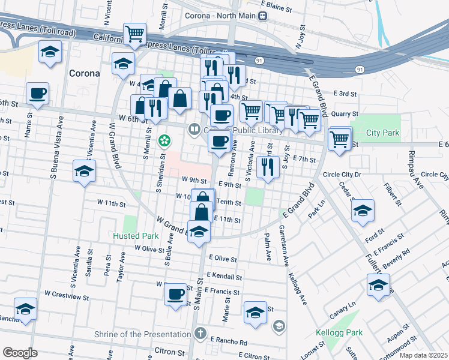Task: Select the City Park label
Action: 382,133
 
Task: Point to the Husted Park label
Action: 134,236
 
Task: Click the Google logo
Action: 20,353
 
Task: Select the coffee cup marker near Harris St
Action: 37,94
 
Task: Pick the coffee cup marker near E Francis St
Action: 175,295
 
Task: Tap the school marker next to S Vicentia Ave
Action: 84,171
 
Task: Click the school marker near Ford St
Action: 363,212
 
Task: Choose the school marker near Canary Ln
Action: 378,285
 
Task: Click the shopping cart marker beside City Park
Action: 340,139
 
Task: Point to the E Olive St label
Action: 223,258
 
